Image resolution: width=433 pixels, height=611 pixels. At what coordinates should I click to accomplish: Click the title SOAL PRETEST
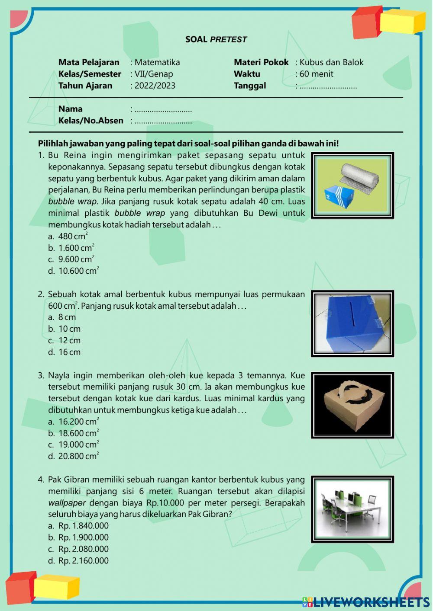[216, 39]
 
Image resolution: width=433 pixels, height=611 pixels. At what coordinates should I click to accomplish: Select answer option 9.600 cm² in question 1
[76, 259]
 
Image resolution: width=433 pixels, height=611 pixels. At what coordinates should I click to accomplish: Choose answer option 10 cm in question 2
[69, 329]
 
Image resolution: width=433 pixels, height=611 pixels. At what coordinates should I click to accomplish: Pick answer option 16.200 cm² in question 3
[78, 422]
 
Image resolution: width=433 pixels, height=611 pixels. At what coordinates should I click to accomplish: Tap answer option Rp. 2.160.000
[83, 561]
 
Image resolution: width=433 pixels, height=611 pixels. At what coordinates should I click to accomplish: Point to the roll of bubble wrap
[359, 175]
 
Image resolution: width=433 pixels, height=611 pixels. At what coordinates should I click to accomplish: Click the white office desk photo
[352, 509]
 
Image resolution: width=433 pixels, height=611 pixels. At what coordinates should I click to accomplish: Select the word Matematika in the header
[157, 62]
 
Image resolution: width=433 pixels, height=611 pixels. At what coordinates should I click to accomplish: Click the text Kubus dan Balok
[331, 62]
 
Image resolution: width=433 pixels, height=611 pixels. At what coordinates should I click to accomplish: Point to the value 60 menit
[316, 74]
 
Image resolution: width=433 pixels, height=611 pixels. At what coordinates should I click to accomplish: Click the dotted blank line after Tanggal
[328, 86]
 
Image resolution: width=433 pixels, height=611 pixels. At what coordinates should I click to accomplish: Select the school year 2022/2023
[155, 86]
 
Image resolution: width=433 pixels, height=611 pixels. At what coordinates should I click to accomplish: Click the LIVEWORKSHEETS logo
[366, 601]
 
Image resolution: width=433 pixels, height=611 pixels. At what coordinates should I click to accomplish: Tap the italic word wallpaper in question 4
[67, 503]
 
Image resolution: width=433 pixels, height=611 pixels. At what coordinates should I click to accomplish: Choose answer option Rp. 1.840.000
[83, 526]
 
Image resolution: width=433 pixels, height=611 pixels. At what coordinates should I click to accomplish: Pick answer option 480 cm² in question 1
[73, 237]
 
